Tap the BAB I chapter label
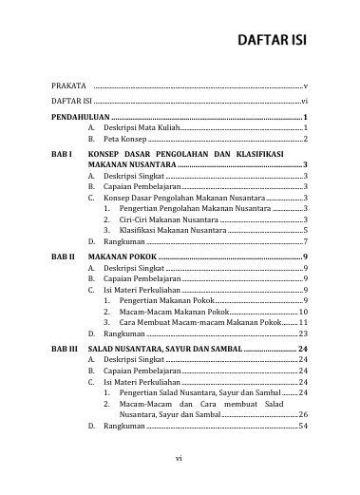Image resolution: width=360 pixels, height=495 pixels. coord(62,153)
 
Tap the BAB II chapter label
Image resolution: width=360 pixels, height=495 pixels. coord(63,257)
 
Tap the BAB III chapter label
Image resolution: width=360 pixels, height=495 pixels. coord(65,350)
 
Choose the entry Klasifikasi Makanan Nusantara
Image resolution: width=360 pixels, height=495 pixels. coord(172,230)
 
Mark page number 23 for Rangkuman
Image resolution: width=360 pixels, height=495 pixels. coord(302,334)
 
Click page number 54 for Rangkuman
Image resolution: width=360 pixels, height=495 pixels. coord(302,427)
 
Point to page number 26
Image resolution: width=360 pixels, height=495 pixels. coord(302,415)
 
